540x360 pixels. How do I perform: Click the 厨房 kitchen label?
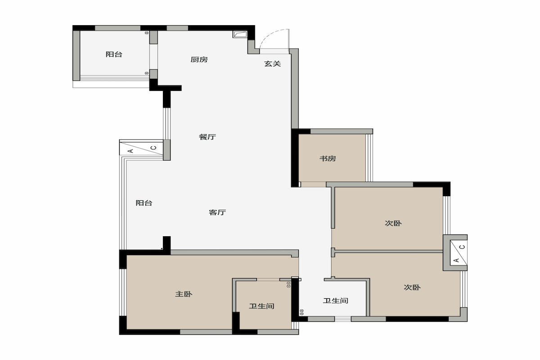point(199,59)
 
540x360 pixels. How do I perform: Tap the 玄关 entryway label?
point(272,63)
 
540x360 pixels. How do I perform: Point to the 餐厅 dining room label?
point(207,137)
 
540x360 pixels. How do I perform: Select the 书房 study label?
point(328,158)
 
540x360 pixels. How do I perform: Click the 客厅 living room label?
point(217,212)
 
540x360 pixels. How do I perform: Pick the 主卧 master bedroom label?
point(184,294)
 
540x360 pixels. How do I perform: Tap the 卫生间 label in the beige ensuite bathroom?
point(261,306)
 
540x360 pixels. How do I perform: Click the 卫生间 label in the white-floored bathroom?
point(336,301)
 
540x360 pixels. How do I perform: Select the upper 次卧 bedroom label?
point(393,223)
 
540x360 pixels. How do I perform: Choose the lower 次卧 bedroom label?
point(412,287)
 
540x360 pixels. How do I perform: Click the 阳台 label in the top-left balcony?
point(114,54)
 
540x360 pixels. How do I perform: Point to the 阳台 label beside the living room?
point(144,203)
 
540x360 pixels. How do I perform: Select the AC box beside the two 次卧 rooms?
point(459,253)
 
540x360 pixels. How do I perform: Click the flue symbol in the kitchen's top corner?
point(240,34)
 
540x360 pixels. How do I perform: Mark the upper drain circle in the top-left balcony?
point(147,33)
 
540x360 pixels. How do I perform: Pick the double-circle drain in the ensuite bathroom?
point(288,285)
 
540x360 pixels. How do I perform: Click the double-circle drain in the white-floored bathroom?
point(301,312)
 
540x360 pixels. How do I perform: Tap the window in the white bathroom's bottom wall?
point(342,319)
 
